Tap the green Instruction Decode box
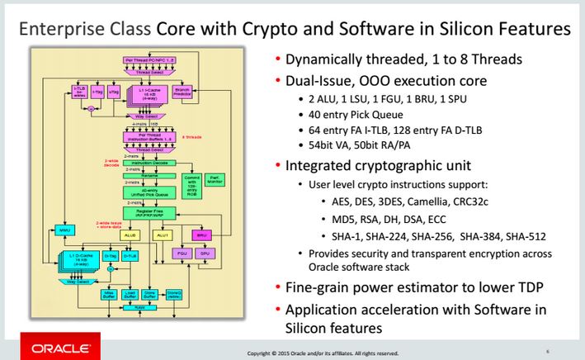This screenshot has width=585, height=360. [x=149, y=163]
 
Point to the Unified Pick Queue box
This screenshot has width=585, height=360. [x=149, y=192]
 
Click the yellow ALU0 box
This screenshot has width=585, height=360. [x=129, y=234]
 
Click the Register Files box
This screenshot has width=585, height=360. [x=149, y=213]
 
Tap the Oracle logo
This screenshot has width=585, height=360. [x=50, y=345]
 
